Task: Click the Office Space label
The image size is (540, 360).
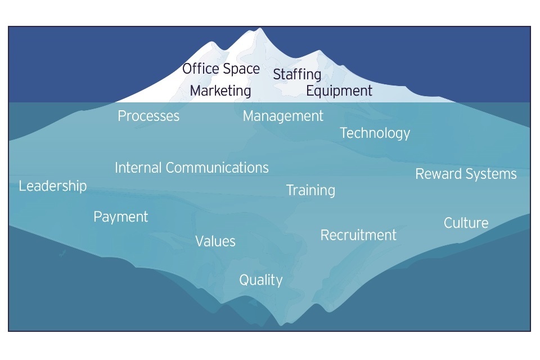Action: (220, 69)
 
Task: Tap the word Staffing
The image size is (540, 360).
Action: (297, 75)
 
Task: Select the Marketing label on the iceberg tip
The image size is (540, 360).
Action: (220, 91)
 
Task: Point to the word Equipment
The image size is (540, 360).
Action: (339, 91)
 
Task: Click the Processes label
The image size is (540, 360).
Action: (148, 116)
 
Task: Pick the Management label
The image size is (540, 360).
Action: (283, 116)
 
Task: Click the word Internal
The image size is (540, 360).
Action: (138, 168)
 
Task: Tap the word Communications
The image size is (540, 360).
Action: (217, 168)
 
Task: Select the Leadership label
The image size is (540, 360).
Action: (53, 186)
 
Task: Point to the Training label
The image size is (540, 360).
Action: (310, 191)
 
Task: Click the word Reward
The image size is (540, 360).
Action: (438, 174)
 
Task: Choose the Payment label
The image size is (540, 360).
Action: (120, 217)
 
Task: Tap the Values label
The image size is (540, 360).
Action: (215, 241)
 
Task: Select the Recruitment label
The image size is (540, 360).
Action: (358, 235)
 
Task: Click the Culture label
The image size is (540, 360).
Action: (466, 223)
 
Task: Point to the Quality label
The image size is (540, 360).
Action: (260, 281)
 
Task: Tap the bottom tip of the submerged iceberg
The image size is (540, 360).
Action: (281, 325)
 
